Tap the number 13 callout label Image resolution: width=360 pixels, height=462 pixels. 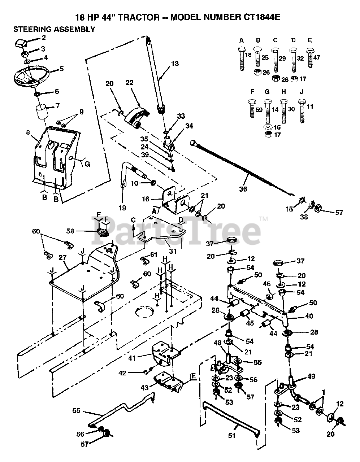pyautogui.click(x=175, y=64)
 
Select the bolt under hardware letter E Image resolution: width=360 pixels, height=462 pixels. pyautogui.click(x=309, y=57)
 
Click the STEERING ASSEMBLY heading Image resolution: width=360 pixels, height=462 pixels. pyautogui.click(x=54, y=29)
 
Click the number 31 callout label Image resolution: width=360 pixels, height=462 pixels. pyautogui.click(x=173, y=251)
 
